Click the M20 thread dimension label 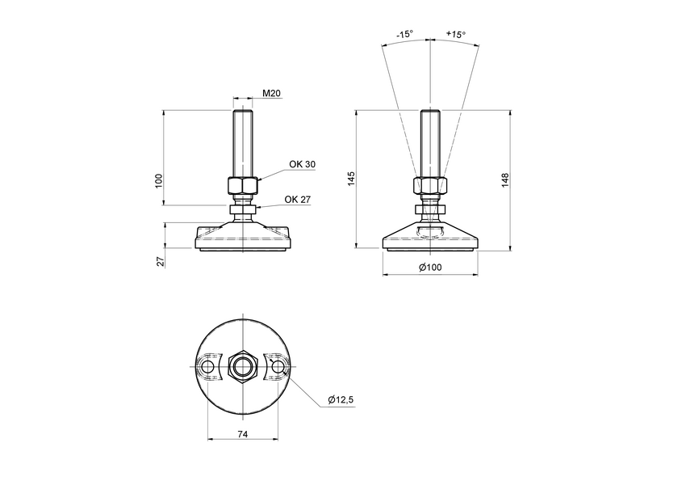click(x=271, y=95)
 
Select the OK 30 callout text click(x=303, y=164)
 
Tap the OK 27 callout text click(x=298, y=200)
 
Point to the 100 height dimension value click(x=159, y=179)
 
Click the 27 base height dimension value click(x=160, y=261)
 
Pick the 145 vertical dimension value click(x=350, y=179)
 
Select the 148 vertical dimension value click(x=504, y=179)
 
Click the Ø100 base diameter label click(x=430, y=268)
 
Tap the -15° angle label click(x=405, y=35)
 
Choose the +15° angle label click(x=456, y=35)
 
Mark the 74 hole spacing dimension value click(x=242, y=434)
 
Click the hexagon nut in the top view click(x=243, y=368)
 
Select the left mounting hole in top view click(x=208, y=368)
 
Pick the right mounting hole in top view click(x=278, y=368)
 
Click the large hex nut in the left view click(x=243, y=186)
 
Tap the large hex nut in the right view click(x=429, y=186)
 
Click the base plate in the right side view click(x=430, y=239)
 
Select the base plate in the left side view click(x=243, y=238)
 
